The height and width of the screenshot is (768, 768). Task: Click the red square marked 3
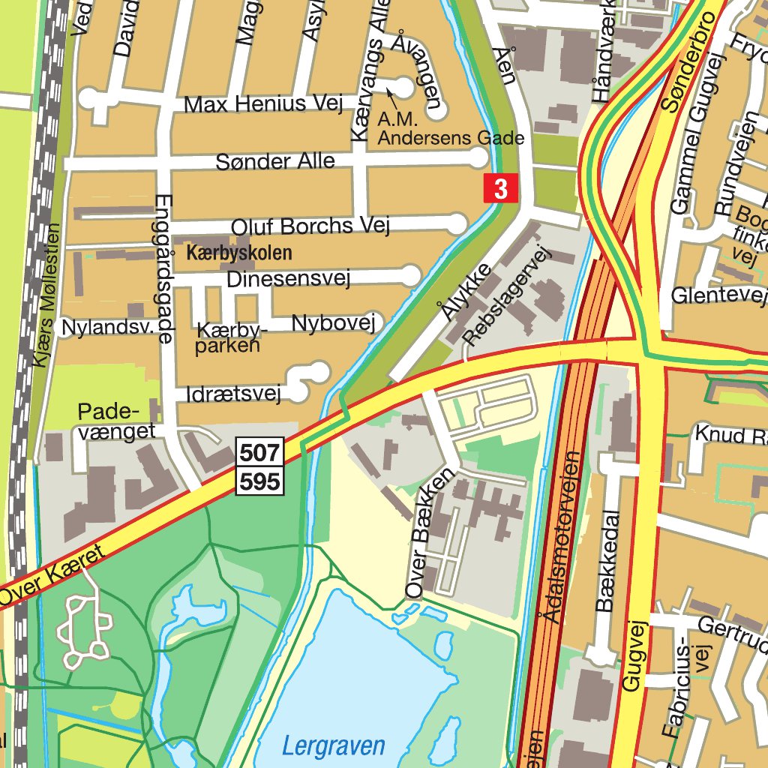pos(501,187)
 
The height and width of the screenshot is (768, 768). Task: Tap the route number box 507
pos(261,452)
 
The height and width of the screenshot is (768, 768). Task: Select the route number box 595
pos(261,480)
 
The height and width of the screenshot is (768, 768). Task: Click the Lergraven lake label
pos(333,745)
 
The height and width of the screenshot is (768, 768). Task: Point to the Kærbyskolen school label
pos(238,253)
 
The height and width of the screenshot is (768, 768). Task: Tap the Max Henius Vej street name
pos(257,103)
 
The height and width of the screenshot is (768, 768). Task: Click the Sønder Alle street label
pos(275,161)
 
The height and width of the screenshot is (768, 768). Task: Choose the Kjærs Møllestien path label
pos(44,295)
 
